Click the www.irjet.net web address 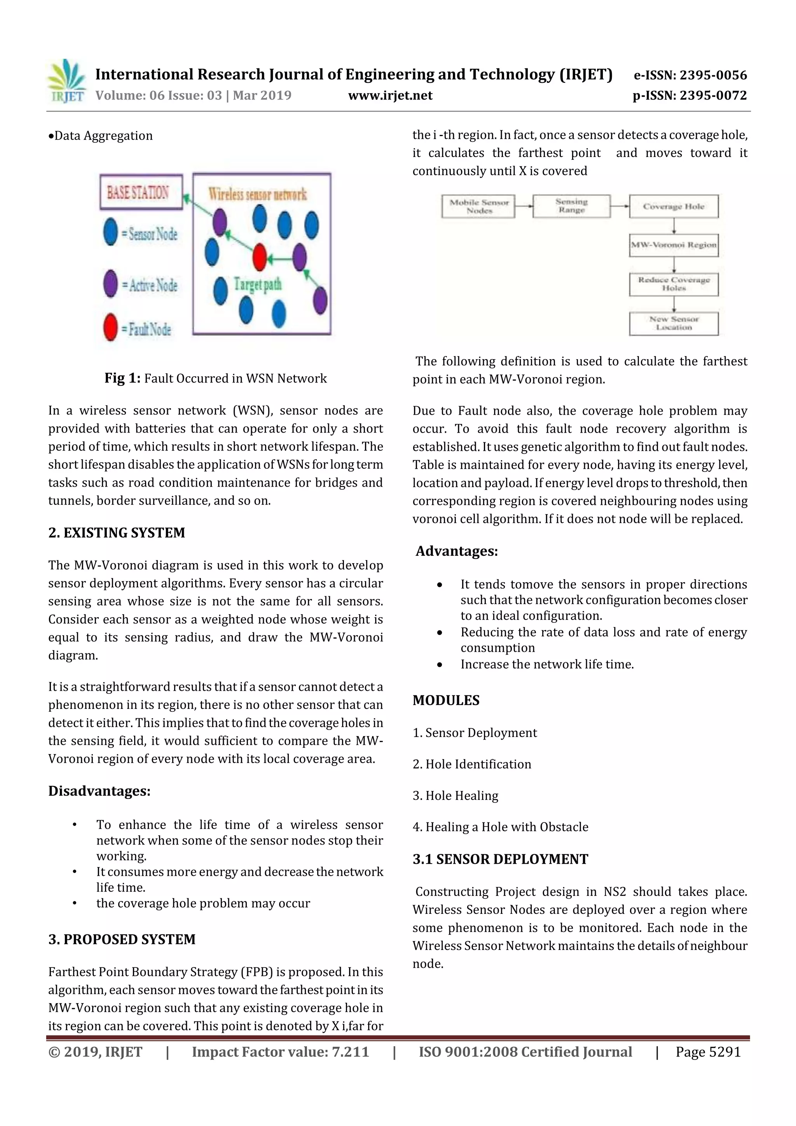click(x=390, y=96)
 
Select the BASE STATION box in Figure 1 click(x=141, y=192)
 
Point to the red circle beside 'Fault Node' click(x=111, y=328)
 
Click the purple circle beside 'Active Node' click(x=111, y=284)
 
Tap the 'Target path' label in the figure click(x=257, y=285)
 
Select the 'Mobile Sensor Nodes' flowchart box click(x=479, y=206)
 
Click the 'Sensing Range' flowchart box click(x=571, y=206)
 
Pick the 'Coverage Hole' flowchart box click(x=674, y=206)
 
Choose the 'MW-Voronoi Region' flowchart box click(x=674, y=245)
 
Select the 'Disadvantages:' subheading click(x=99, y=791)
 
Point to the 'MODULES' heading click(x=446, y=700)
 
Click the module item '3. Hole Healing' click(x=455, y=796)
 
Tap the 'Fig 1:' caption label click(x=122, y=378)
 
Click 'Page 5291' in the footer click(x=708, y=1052)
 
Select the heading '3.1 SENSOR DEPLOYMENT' click(x=500, y=859)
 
